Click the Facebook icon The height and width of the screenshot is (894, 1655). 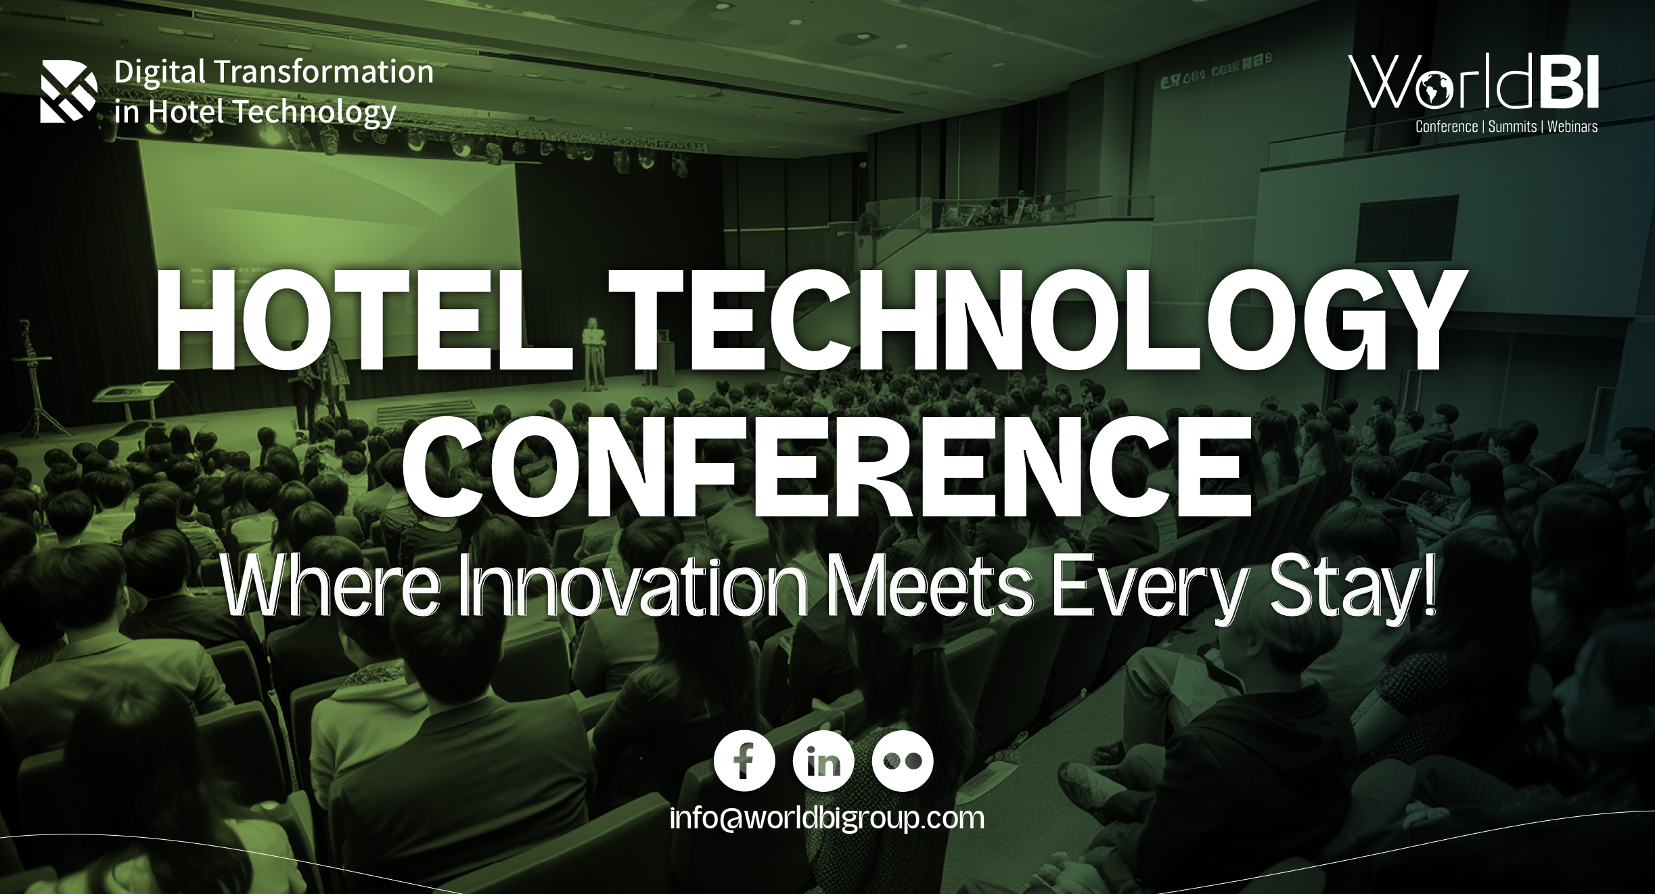[x=744, y=761]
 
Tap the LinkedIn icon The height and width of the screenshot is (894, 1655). [x=823, y=761]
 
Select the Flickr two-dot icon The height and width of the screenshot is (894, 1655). [x=903, y=761]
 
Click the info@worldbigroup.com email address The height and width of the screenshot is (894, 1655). [x=826, y=818]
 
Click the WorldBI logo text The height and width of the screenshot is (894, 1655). [x=1473, y=83]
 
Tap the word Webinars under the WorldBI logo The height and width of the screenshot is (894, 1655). [x=1572, y=127]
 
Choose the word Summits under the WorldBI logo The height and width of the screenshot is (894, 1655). [x=1512, y=127]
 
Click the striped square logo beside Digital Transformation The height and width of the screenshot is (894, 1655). [x=68, y=91]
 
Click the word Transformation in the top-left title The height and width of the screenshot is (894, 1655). [x=321, y=72]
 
